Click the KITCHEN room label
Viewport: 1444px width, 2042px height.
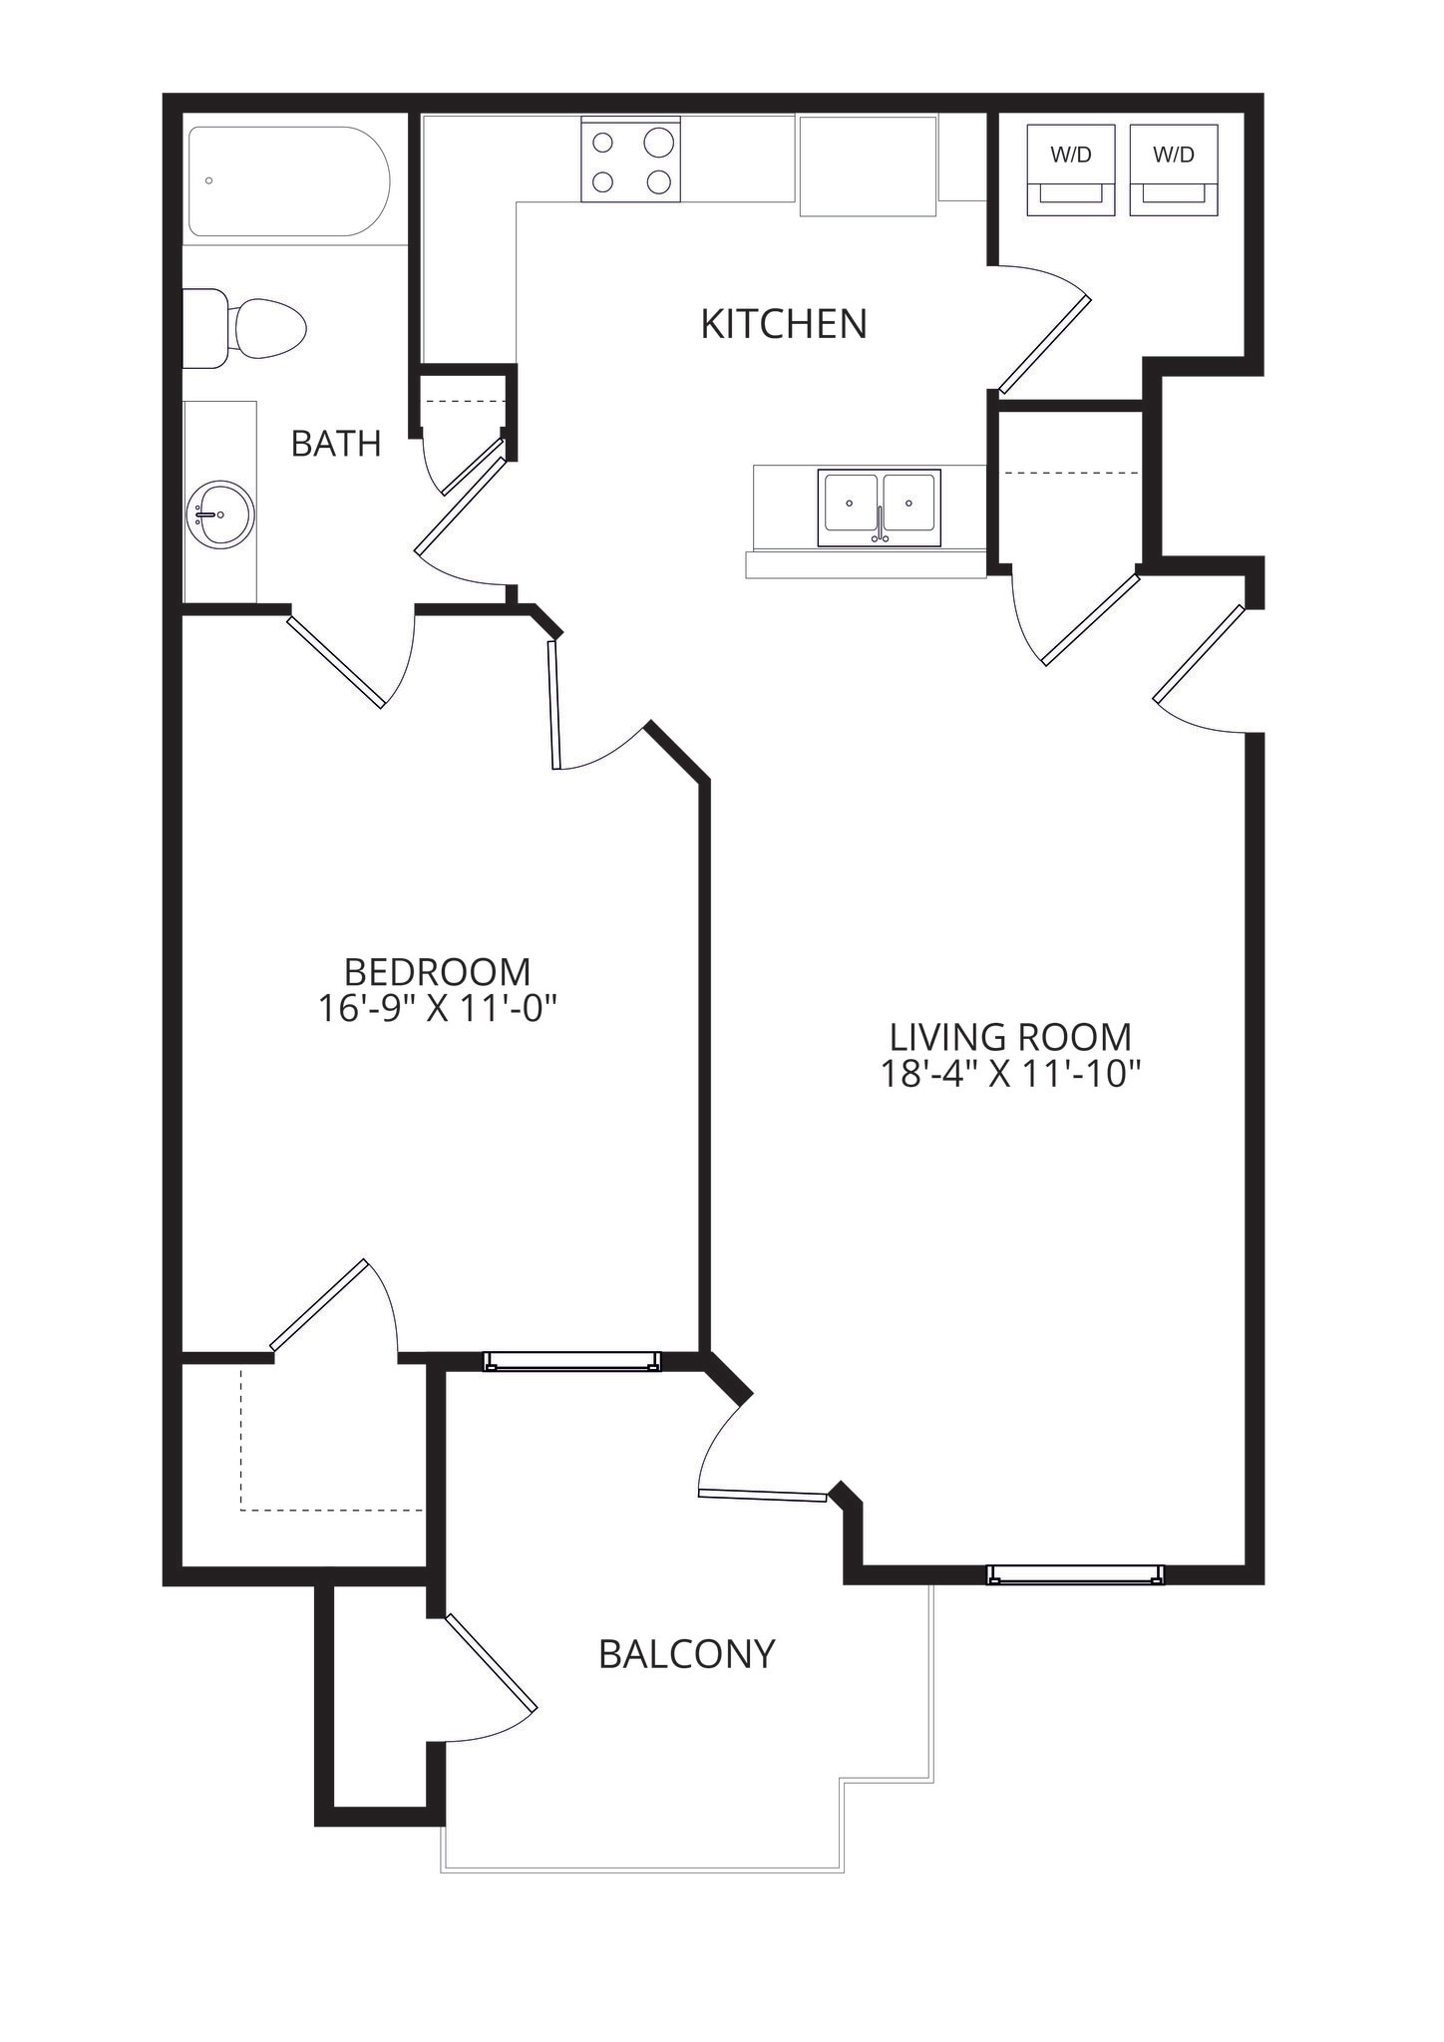click(x=783, y=324)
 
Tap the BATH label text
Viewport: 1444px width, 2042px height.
click(x=336, y=444)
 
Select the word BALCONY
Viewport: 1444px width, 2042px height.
click(x=686, y=1654)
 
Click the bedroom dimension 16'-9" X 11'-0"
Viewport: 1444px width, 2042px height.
click(x=436, y=1009)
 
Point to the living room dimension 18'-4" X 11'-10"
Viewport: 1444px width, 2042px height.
click(x=1009, y=1074)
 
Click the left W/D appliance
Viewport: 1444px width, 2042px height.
click(x=1071, y=169)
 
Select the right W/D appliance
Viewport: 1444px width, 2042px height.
click(x=1174, y=169)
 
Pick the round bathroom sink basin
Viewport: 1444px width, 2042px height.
click(x=220, y=514)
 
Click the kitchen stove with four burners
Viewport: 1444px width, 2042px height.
click(x=631, y=160)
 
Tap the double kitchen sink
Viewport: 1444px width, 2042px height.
click(x=879, y=508)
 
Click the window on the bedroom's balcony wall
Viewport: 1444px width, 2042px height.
click(x=572, y=1361)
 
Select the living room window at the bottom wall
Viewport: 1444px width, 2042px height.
click(x=1075, y=1573)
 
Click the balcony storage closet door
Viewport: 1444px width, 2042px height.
click(x=491, y=1661)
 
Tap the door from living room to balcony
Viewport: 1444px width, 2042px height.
click(x=763, y=1494)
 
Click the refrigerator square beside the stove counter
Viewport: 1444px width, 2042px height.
click(x=868, y=166)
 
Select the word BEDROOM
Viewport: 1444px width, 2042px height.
click(x=437, y=972)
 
